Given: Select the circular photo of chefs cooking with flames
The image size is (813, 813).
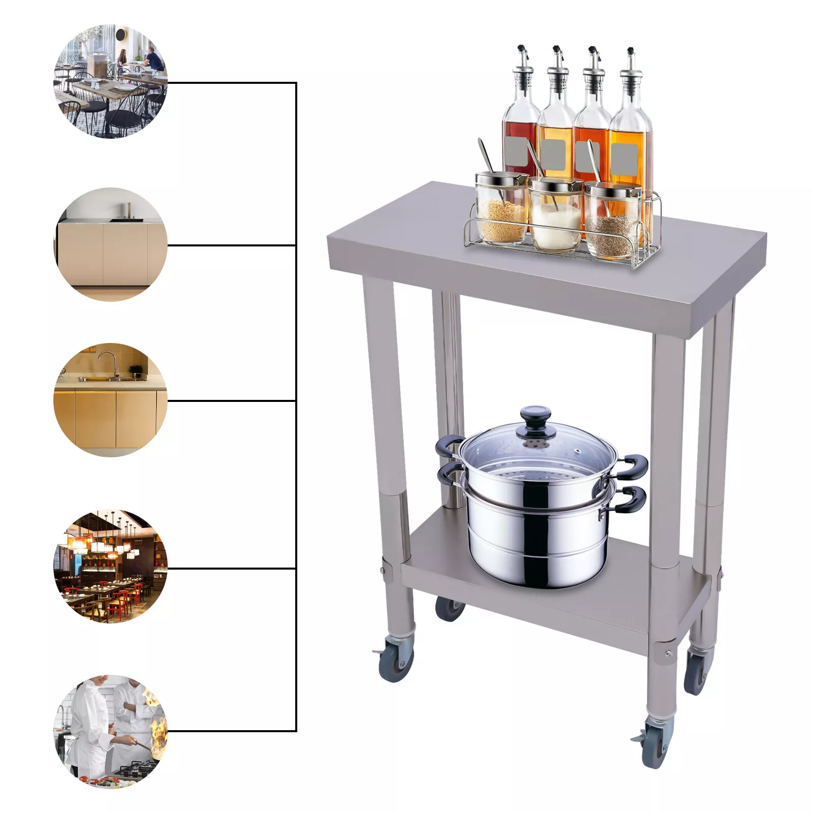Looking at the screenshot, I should click(110, 731).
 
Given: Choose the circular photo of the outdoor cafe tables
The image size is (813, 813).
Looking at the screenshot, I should click(110, 81).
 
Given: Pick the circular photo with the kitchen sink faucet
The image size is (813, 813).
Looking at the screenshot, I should click(110, 400).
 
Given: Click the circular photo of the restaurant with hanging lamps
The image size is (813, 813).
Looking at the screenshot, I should click(110, 567).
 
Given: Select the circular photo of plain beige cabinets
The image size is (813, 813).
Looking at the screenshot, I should click(110, 245).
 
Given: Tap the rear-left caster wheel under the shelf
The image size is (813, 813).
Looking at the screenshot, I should click(449, 608).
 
